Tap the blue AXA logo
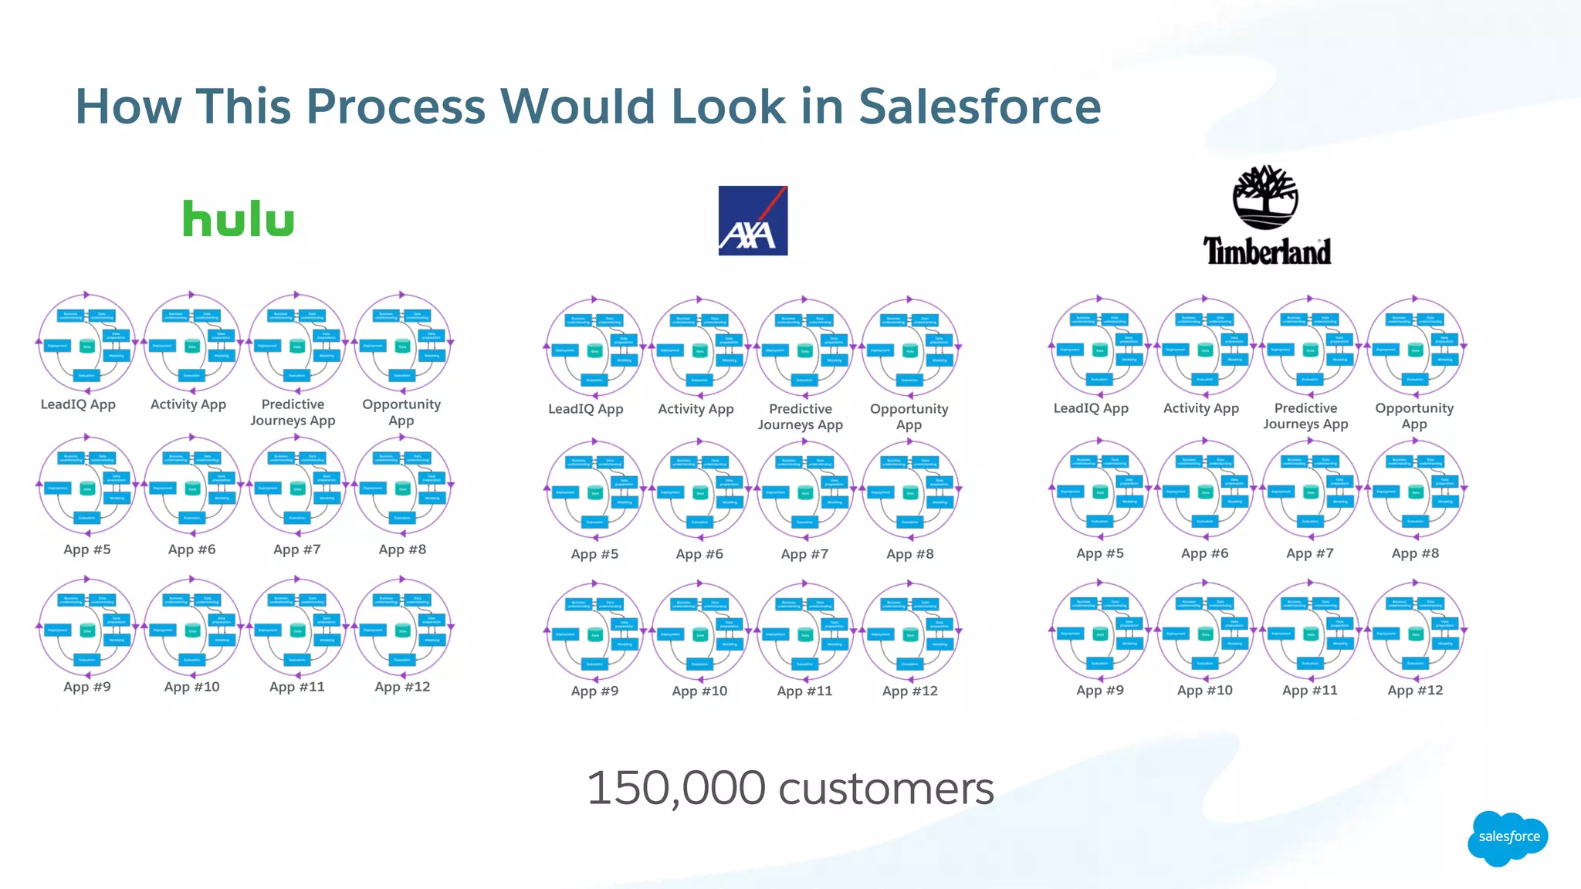[753, 221]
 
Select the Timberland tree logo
[1266, 198]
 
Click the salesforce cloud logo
[1508, 837]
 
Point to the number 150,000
[675, 789]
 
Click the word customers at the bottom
[886, 789]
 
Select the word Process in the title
[395, 106]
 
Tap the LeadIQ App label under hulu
[78, 404]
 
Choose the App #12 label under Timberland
[1415, 690]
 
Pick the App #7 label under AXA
[804, 554]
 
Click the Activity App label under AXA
[696, 409]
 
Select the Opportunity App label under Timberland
[1414, 416]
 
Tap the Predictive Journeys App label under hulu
[293, 412]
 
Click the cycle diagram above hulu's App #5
[87, 485]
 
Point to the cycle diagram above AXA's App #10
[699, 630]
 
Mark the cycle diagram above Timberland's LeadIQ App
[1099, 345]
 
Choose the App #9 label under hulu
[87, 687]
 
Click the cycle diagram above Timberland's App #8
[1415, 488]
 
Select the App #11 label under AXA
[804, 691]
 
